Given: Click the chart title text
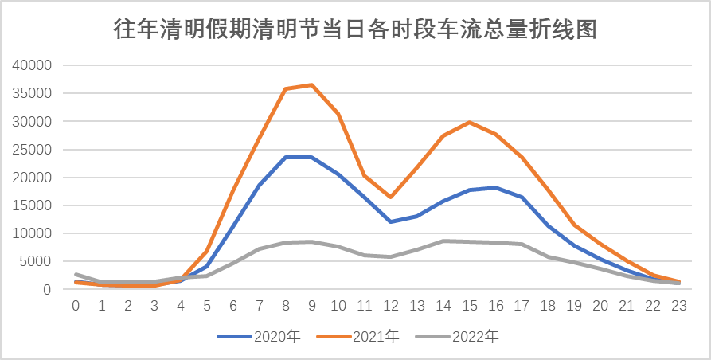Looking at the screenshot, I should tap(355, 30).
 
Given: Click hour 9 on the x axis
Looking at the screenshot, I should tap(311, 306).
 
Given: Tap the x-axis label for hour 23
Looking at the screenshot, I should tap(678, 306).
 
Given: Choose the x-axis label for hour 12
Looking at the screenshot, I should tap(390, 306).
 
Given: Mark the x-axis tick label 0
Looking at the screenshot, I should tap(76, 306).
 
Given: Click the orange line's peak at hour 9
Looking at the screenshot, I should tap(311, 84).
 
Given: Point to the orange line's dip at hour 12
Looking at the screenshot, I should tap(390, 197).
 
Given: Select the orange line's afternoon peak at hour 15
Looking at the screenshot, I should tap(469, 122).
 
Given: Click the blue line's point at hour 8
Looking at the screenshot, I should tap(285, 157).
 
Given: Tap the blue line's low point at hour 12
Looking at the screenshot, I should tap(390, 221).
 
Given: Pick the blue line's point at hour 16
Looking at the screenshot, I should tap(495, 187).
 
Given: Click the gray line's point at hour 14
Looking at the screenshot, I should tap(443, 241).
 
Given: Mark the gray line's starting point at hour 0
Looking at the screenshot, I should tap(76, 274).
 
